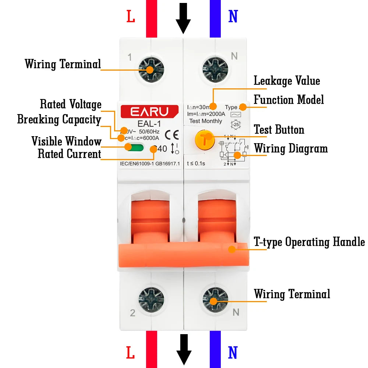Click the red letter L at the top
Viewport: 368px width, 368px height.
(x=131, y=17)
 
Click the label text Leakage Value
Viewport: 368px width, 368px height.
(x=287, y=81)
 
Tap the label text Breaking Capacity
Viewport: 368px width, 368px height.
(x=59, y=120)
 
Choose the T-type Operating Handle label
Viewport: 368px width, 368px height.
(x=309, y=242)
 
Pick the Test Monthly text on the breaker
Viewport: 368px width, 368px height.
(x=206, y=121)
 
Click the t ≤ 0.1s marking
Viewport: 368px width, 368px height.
(x=196, y=163)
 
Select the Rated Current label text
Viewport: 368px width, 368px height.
(x=69, y=154)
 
